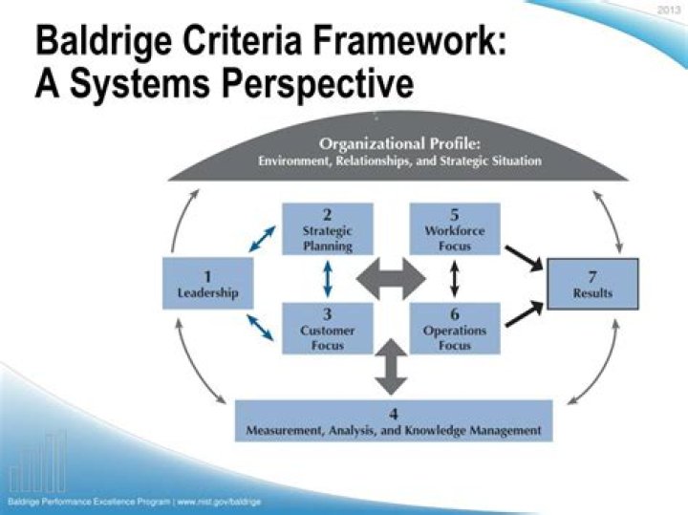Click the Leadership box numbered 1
[x=206, y=284]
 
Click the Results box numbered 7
[x=592, y=284]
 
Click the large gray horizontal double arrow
[x=391, y=280]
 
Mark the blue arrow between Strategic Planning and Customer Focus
[x=328, y=280]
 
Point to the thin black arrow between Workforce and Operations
[x=455, y=280]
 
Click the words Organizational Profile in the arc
[x=399, y=144]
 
